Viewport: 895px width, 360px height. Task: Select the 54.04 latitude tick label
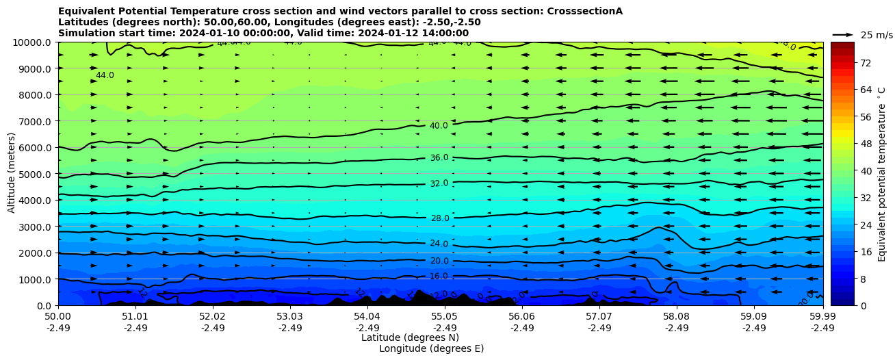tap(367, 317)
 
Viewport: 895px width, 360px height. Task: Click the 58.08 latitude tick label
tap(676, 317)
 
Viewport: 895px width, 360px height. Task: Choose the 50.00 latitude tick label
tap(58, 317)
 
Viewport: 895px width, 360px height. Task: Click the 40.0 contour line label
tap(439, 126)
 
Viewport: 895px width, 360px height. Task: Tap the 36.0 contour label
tap(439, 158)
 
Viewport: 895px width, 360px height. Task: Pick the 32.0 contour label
tap(439, 183)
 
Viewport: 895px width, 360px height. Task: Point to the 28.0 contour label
tap(439, 218)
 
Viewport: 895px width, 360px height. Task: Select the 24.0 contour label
tap(439, 244)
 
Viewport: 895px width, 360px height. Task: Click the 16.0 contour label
tap(439, 277)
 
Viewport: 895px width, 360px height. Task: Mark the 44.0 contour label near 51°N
tap(105, 75)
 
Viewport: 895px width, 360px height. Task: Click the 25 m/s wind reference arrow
tap(842, 34)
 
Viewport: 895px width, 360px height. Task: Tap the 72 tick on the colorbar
tap(865, 63)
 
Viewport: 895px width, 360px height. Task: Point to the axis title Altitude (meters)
tap(12, 173)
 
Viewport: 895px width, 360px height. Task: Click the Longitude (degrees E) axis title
tap(431, 348)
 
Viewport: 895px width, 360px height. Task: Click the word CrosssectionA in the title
tap(584, 11)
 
